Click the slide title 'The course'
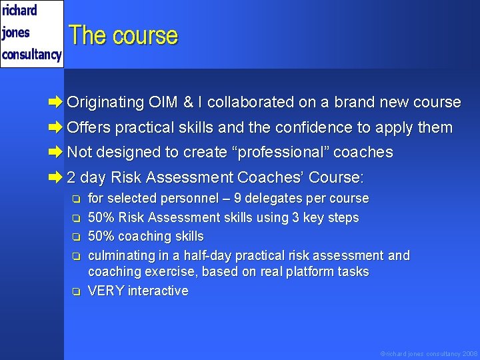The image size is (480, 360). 123,35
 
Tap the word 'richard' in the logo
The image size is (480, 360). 20,11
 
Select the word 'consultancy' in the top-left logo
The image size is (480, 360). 31,54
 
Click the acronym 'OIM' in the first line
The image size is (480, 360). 163,102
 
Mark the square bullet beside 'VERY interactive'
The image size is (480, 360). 77,291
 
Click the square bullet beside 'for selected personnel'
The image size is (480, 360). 77,199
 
